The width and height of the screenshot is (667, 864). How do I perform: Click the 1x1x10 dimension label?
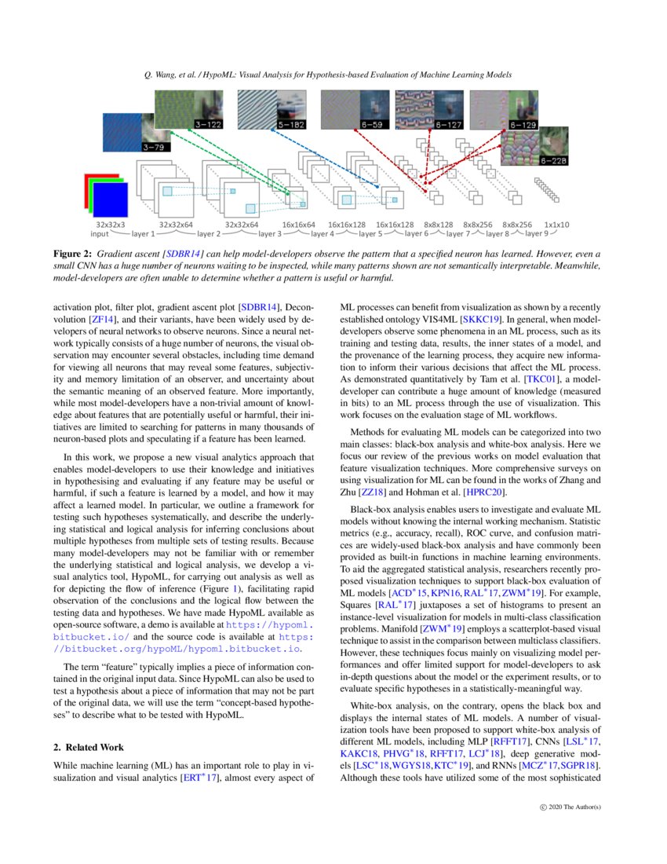(x=557, y=225)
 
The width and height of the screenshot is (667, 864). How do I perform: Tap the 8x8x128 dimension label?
(x=439, y=225)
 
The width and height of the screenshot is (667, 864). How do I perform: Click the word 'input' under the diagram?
(x=100, y=234)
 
